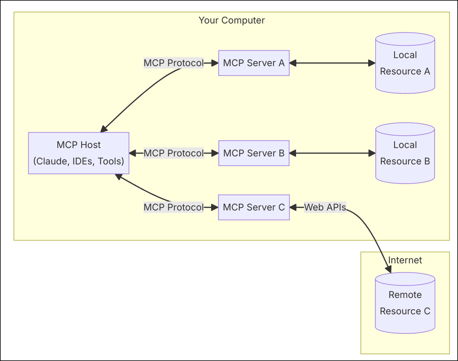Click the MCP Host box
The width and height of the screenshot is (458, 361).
click(x=78, y=153)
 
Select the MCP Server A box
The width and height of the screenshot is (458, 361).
click(x=254, y=63)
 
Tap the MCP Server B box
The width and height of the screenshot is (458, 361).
click(x=254, y=153)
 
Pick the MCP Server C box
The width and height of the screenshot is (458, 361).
click(x=254, y=207)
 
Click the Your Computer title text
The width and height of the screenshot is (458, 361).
click(x=232, y=21)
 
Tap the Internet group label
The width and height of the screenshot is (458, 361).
click(x=405, y=260)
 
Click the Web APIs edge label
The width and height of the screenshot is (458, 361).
click(x=325, y=207)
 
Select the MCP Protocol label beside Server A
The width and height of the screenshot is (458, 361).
click(x=173, y=63)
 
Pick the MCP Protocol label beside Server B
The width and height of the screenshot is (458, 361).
click(x=173, y=153)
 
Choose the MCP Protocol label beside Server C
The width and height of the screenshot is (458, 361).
click(x=173, y=207)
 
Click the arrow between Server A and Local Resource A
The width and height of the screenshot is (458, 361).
click(x=332, y=63)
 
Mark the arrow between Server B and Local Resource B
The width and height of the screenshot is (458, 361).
click(x=332, y=153)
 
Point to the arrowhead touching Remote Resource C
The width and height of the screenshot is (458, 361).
click(x=388, y=269)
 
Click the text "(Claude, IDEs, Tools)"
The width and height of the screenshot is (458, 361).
click(x=78, y=161)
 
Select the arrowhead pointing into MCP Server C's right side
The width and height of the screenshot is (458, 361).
click(x=294, y=207)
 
